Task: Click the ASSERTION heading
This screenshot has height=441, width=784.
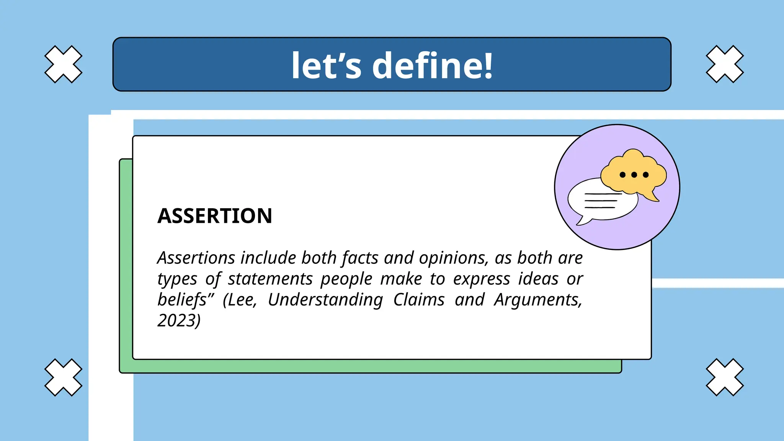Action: (214, 216)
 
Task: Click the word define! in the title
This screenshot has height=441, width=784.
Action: (432, 66)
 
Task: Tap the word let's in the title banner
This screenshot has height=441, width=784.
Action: (326, 66)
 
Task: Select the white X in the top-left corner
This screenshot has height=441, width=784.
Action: (63, 64)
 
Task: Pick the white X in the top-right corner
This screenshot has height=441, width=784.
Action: (725, 64)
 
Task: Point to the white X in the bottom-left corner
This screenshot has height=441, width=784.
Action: (63, 377)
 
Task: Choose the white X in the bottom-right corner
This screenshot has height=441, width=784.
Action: (725, 377)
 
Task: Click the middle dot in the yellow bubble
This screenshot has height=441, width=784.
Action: (634, 175)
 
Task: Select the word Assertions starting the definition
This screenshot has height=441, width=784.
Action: (196, 258)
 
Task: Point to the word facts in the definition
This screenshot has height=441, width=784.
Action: (360, 258)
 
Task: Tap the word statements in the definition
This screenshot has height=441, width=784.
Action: (270, 279)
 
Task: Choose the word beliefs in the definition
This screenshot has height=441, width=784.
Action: (183, 300)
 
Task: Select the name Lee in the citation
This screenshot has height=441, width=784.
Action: (242, 300)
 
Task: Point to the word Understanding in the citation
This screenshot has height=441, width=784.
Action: (325, 300)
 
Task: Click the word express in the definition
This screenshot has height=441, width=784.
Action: (482, 279)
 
